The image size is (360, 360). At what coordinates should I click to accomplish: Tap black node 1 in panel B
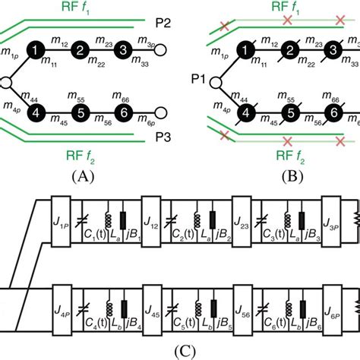[x=245, y=50]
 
